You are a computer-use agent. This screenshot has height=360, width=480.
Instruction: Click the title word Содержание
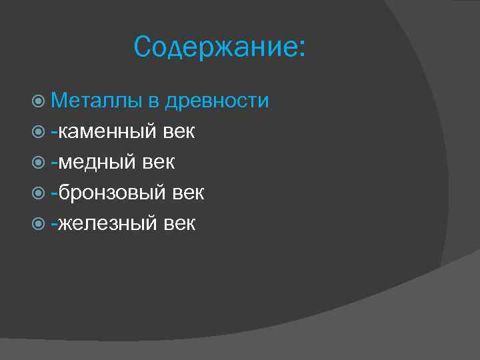pyautogui.click(x=213, y=48)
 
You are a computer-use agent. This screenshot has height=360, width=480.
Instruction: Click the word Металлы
pyautogui.click(x=96, y=101)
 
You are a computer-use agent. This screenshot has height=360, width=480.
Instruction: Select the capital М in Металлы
pyautogui.click(x=59, y=101)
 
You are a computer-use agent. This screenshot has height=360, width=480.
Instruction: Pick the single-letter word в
pyautogui.click(x=153, y=102)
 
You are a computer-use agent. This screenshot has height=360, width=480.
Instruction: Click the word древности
pyautogui.click(x=217, y=101)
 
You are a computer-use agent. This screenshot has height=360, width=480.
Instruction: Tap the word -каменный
pyautogui.click(x=104, y=131)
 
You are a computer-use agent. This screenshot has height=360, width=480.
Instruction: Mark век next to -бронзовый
pyautogui.click(x=188, y=193)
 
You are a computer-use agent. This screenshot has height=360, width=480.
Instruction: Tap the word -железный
pyautogui.click(x=103, y=223)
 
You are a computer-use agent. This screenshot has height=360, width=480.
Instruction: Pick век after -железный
pyautogui.click(x=179, y=224)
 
